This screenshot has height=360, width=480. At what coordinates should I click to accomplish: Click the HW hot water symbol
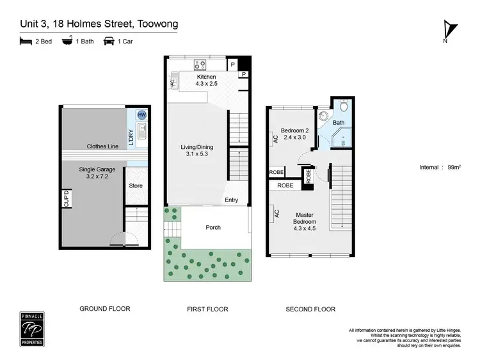tap(141, 114)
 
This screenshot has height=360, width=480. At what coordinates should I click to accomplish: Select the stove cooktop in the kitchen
tap(199, 64)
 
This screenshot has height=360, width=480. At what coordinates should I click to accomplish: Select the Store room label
tap(136, 185)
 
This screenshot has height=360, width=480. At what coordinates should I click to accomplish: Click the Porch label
tap(212, 227)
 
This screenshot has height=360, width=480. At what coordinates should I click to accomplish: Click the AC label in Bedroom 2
tap(275, 137)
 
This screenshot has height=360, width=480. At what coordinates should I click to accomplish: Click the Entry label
tap(231, 200)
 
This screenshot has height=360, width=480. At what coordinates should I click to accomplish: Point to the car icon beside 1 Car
tap(109, 42)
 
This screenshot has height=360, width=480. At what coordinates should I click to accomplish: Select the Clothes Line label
tap(102, 146)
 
